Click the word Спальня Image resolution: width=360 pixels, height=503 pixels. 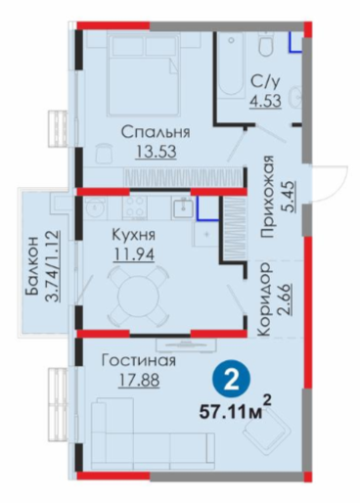156,133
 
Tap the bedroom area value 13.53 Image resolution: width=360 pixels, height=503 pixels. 156,152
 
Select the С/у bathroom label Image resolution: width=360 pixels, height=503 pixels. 265,82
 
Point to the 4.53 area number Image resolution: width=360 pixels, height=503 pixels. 265,100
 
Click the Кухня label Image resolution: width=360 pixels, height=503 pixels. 134,236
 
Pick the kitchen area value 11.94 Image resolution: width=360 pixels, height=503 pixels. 134,254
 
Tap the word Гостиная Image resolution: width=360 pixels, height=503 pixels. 139,361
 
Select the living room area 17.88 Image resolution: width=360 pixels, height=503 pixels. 139,380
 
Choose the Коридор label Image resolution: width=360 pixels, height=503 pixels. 263,299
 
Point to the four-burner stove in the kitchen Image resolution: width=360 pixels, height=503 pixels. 135,206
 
